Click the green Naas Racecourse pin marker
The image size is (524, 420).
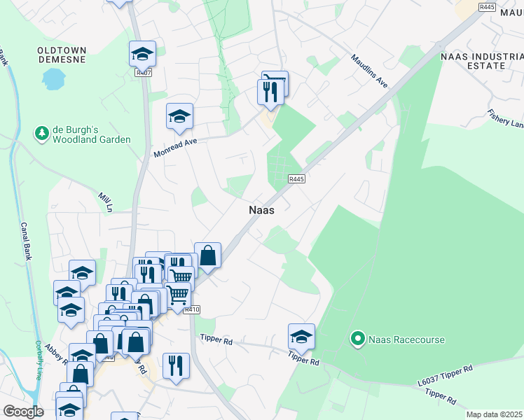(x=357, y=340)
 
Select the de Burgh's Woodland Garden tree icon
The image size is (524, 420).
(x=42, y=132)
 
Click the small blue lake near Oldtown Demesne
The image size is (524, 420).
(x=53, y=80)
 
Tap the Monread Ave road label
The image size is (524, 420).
(x=176, y=147)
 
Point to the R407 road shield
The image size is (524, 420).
(x=144, y=71)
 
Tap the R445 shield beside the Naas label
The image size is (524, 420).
(x=296, y=179)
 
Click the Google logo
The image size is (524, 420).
(x=23, y=412)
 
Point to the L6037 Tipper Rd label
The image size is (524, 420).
(x=445, y=376)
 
